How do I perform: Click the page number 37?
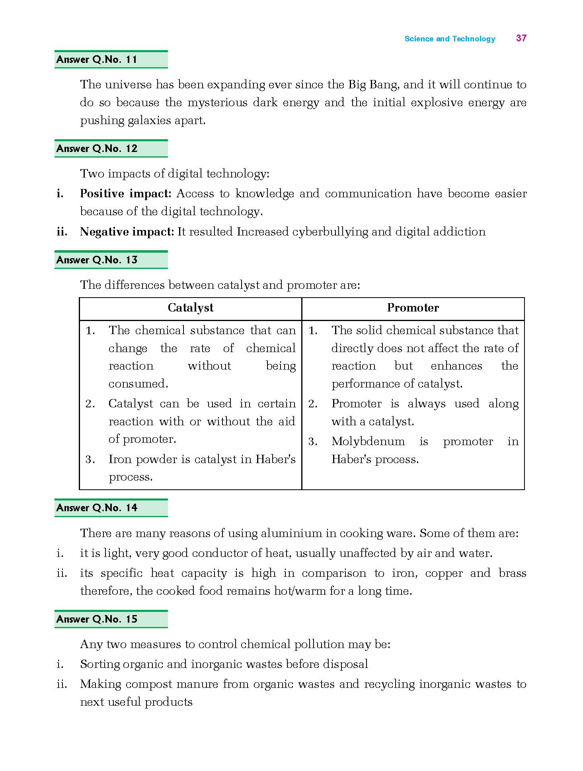[x=521, y=38]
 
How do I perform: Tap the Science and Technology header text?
[x=450, y=39]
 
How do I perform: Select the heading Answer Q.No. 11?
[x=97, y=60]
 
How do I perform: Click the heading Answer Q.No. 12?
[x=97, y=149]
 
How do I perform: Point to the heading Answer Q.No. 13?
[x=97, y=260]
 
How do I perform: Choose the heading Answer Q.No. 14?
[x=97, y=508]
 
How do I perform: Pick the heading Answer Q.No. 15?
[x=97, y=619]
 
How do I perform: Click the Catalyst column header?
[x=190, y=308]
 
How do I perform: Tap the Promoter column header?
[x=413, y=308]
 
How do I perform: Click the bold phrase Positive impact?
[x=125, y=194]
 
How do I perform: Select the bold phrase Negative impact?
[x=127, y=232]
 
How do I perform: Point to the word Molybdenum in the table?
[x=368, y=441]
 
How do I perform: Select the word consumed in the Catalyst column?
[x=138, y=384]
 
